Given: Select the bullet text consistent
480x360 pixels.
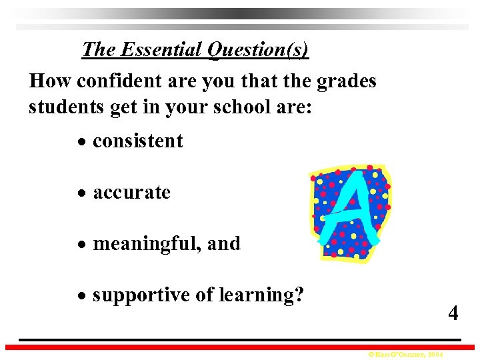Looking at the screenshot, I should click(138, 141).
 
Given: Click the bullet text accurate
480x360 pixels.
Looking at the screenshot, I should click(132, 193).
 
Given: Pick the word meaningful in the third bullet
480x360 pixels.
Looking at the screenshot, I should click(147, 244).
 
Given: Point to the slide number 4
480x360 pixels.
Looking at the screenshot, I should click(453, 313).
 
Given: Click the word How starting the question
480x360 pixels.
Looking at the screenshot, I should click(51, 81).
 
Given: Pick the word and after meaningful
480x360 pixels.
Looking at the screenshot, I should click(224, 244).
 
